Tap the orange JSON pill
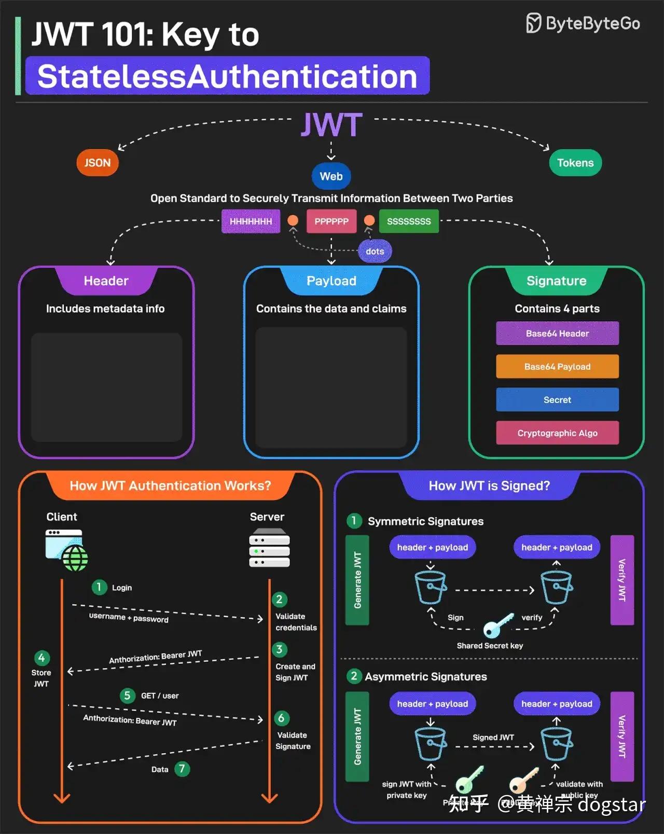point(98,163)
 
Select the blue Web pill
point(331,176)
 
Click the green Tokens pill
point(575,163)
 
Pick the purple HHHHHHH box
point(251,221)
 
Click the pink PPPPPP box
point(331,221)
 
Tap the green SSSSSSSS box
point(409,221)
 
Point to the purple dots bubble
point(375,252)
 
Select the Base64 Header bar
point(557,333)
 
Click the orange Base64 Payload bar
point(557,367)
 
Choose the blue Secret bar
point(557,400)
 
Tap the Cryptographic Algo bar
point(557,433)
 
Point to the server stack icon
point(269,548)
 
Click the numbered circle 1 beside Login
point(99,587)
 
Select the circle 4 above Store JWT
point(41,658)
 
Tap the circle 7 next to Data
point(182,769)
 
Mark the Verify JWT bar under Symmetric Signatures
point(622,580)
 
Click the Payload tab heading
point(331,281)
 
